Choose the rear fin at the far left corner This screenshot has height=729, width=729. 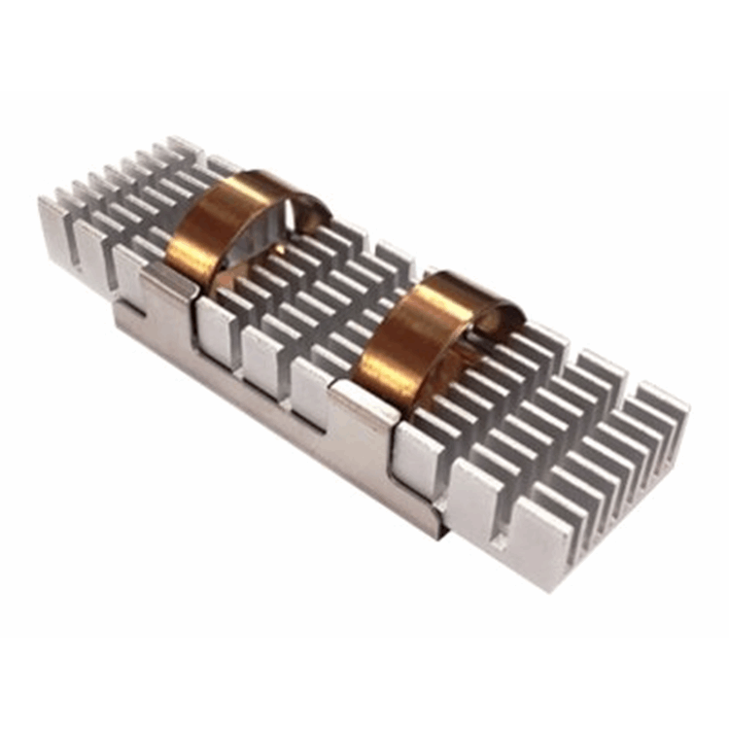coord(185,146)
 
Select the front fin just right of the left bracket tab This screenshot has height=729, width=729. coord(218,330)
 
